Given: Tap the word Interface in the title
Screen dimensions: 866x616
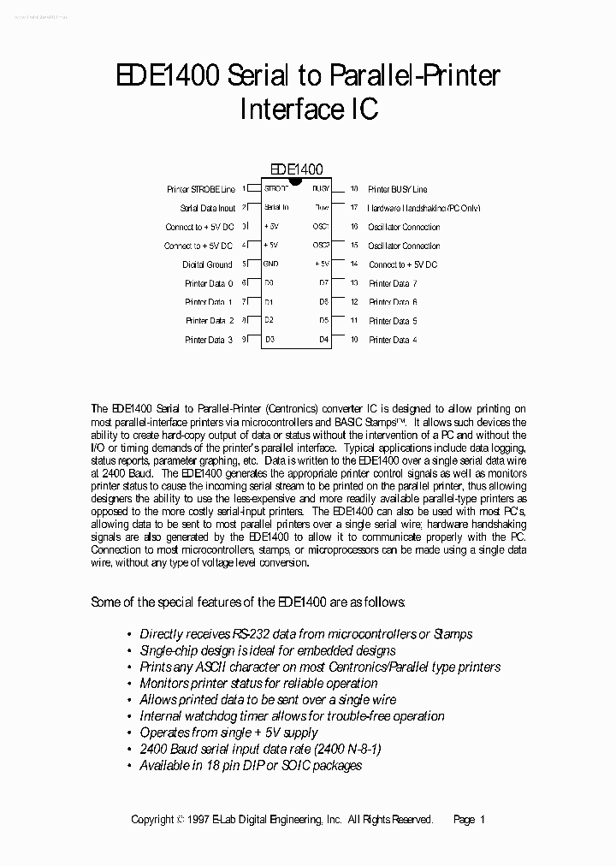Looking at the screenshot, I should pyautogui.click(x=282, y=110).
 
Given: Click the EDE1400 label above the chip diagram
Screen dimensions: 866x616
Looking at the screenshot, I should pyautogui.click(x=296, y=170).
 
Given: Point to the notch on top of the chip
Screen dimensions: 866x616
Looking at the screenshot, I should pyautogui.click(x=296, y=181).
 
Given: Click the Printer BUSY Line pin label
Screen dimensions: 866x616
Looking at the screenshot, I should pyautogui.click(x=397, y=189).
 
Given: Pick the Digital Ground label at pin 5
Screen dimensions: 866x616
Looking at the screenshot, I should pyautogui.click(x=207, y=264).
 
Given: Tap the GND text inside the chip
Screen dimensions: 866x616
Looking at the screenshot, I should pyautogui.click(x=270, y=264).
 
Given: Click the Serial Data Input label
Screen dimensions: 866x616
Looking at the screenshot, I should pyautogui.click(x=207, y=208).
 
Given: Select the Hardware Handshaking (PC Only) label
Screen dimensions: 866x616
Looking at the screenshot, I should pyautogui.click(x=424, y=208).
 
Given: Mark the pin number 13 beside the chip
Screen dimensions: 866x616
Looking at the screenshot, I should pyautogui.click(x=353, y=283).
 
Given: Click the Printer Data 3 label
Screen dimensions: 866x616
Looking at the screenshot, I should pyautogui.click(x=209, y=340).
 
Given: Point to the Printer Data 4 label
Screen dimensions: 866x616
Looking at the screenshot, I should pyautogui.click(x=393, y=340).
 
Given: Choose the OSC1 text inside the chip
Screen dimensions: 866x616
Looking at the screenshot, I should pyautogui.click(x=321, y=227).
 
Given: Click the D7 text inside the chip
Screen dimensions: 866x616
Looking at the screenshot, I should pyautogui.click(x=323, y=283).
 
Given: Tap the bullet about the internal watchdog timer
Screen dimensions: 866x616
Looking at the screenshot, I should pyautogui.click(x=292, y=716).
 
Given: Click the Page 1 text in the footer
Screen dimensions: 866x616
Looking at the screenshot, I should pyautogui.click(x=469, y=819).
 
